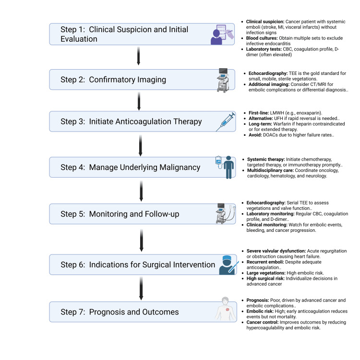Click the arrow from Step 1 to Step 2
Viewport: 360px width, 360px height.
coord(138,56)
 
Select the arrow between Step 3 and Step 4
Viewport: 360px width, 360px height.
coord(141,145)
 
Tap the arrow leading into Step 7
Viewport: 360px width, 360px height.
coord(141,288)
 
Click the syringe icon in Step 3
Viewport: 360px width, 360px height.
coord(226,122)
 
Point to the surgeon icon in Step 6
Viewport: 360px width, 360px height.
coord(228,264)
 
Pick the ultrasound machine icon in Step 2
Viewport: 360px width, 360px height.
coord(223,80)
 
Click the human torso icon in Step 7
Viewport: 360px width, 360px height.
coord(226,309)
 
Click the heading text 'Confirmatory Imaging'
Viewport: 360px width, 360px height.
coord(127,80)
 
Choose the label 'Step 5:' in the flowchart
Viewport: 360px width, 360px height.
coord(73,214)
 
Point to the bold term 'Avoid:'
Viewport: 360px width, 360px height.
coord(255,135)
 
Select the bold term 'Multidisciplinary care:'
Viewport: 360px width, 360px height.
coord(270,170)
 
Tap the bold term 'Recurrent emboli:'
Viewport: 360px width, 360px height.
coord(265,262)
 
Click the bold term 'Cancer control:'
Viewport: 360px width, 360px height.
coord(263,322)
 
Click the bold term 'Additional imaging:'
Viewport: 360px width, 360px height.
coord(269,84)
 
